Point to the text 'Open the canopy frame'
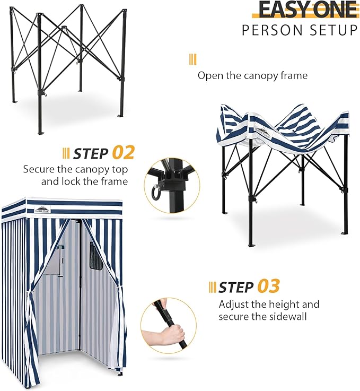pyautogui.click(x=252, y=76)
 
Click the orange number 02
pyautogui.click(x=123, y=153)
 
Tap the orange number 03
pyautogui.click(x=268, y=286)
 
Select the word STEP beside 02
pyautogui.click(x=91, y=154)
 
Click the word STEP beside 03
pyautogui.click(x=236, y=288)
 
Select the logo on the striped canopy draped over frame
pyautogui.click(x=262, y=132)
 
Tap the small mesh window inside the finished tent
pyautogui.click(x=96, y=256)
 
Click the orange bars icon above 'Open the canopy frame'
pyautogui.click(x=192, y=59)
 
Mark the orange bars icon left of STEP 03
pyautogui.click(x=212, y=288)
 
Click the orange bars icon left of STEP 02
pyautogui.click(x=66, y=154)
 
